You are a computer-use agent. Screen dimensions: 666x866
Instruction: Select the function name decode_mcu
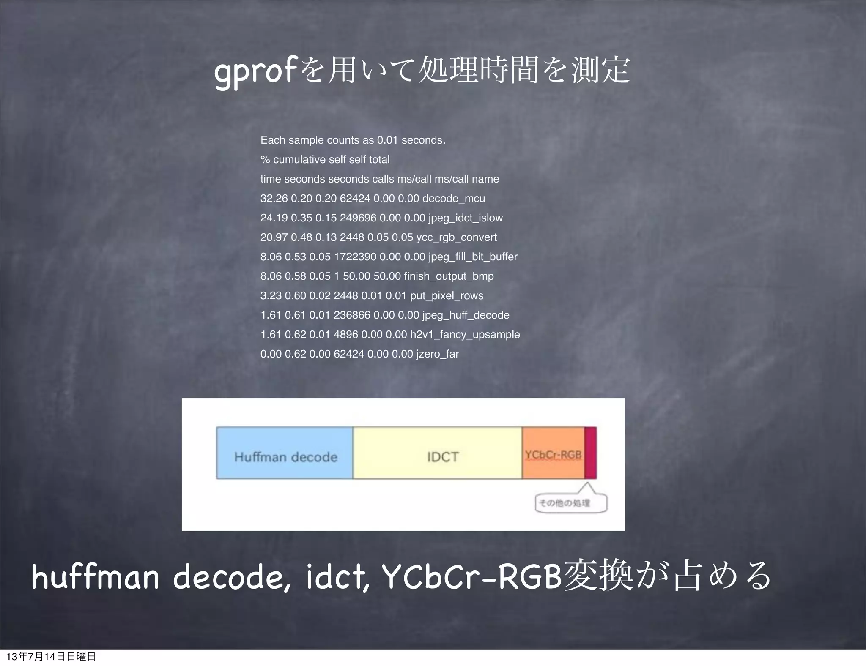[x=453, y=198]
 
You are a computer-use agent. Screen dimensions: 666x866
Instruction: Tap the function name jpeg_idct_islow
[x=465, y=218]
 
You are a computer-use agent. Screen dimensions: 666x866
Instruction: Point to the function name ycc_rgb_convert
[x=456, y=237]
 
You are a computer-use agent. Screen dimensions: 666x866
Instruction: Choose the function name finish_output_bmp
[x=449, y=276]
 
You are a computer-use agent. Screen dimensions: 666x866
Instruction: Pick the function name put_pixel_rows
[x=447, y=295]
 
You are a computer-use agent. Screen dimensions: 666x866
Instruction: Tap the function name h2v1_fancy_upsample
[x=465, y=334]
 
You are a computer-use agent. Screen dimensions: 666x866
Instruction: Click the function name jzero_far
[x=437, y=354]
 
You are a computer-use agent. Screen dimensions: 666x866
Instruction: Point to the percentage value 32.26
[x=274, y=198]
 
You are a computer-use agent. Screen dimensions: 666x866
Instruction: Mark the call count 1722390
[x=355, y=257]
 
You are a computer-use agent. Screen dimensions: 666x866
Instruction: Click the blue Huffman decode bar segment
[x=285, y=453]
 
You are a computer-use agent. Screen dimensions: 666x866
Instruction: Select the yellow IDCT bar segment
[x=437, y=453]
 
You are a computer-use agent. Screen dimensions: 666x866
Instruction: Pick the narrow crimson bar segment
[x=590, y=453]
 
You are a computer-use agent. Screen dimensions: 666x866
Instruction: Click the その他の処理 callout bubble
[x=571, y=503]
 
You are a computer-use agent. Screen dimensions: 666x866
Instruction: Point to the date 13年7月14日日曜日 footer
[x=51, y=656]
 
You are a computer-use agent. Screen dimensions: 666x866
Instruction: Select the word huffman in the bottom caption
[x=95, y=577]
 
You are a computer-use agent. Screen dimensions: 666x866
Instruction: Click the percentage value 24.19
[x=274, y=218]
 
